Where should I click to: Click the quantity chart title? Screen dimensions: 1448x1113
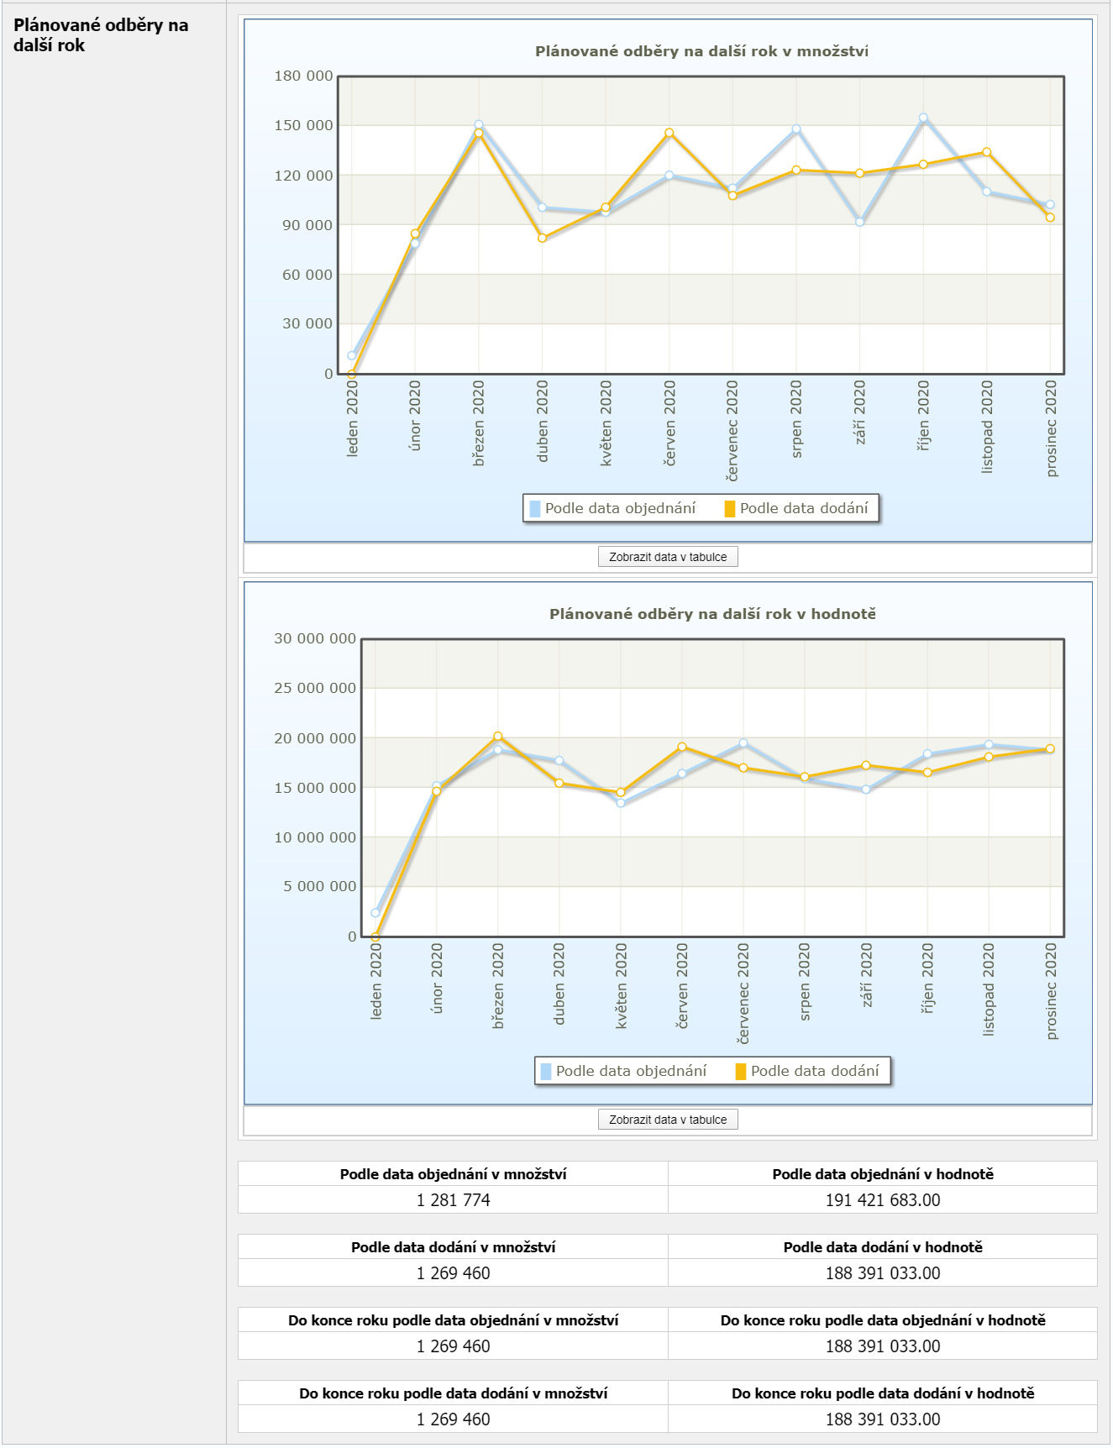point(701,51)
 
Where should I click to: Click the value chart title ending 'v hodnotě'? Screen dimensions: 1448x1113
point(712,614)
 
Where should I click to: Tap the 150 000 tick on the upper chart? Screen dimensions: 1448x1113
point(303,126)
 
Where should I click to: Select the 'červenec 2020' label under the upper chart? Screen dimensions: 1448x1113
point(732,430)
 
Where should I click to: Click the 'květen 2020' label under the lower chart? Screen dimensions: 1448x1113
point(622,985)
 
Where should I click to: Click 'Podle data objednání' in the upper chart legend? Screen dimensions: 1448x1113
point(620,508)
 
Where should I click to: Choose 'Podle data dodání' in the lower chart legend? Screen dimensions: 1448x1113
point(814,1071)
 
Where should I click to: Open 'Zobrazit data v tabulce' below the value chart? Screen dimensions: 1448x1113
point(668,1120)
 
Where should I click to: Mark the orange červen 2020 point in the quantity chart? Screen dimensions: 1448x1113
point(669,133)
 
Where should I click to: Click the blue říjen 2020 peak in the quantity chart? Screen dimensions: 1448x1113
point(923,118)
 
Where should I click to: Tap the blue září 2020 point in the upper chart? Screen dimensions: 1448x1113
point(859,222)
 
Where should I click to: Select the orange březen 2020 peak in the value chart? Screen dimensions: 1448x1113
point(498,737)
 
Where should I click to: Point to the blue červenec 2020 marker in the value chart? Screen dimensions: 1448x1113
point(743,743)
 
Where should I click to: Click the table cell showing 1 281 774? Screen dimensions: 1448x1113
point(453,1200)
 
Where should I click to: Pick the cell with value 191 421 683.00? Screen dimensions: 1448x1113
point(883,1200)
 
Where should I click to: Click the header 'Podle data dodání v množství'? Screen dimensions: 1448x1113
point(453,1247)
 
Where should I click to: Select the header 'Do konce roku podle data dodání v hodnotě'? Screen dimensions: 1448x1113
point(883,1393)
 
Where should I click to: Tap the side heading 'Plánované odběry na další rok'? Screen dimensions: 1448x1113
point(101,35)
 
